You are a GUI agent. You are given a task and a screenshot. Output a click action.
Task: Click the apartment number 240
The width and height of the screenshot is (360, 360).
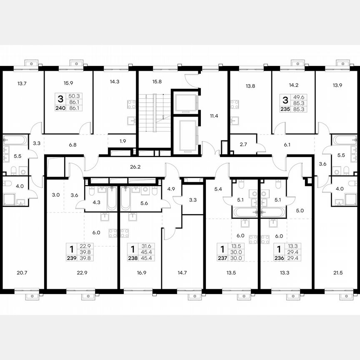pyautogui.click(x=61, y=107)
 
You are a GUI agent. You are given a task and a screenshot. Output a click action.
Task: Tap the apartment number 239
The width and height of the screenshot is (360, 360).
pyautogui.click(x=72, y=258)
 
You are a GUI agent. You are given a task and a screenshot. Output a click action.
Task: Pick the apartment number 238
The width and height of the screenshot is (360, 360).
pyautogui.click(x=133, y=258)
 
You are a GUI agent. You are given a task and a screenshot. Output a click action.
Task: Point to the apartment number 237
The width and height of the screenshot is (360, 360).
pyautogui.click(x=222, y=258)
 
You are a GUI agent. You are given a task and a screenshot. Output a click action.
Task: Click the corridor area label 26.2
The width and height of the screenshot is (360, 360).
pyautogui.click(x=135, y=167)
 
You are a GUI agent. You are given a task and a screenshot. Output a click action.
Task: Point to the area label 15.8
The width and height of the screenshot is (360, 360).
pyautogui.click(x=157, y=82)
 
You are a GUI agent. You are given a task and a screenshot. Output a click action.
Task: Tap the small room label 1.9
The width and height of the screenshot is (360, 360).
pyautogui.click(x=122, y=141)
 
